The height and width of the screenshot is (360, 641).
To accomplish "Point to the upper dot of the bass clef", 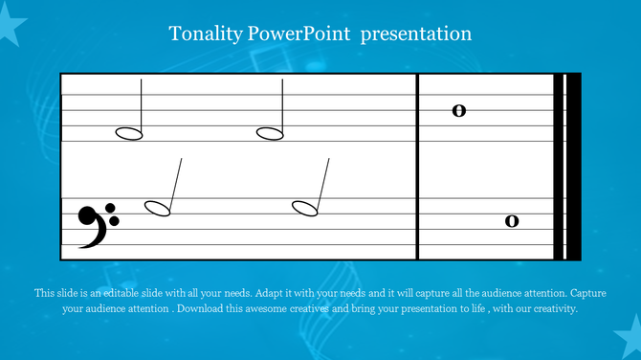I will point(113,209).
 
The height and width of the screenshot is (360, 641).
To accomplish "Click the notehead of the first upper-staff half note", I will point(129,133).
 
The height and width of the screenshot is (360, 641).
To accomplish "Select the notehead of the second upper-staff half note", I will point(270,133).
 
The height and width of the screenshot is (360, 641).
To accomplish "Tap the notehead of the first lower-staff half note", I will point(157,208).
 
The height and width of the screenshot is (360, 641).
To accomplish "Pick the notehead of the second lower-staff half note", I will point(305,208).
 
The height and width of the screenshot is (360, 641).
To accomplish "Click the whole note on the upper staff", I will point(458,110).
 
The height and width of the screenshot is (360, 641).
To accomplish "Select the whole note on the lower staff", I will point(512,221).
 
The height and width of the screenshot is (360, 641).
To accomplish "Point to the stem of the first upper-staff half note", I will point(142,105).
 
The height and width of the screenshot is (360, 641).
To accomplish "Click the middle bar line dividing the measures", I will point(417,167).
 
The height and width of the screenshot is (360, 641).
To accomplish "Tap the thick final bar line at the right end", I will point(574,167).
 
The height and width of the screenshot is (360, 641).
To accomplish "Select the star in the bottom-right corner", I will point(628,341).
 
